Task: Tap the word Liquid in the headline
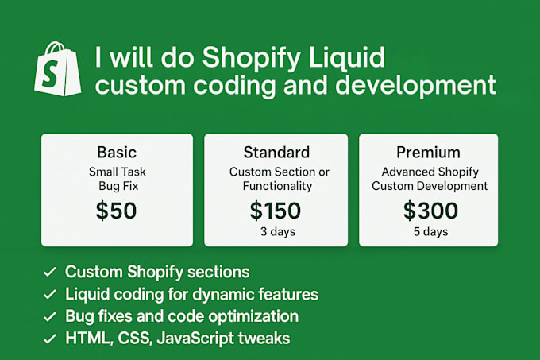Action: (x=346, y=57)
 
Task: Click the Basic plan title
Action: (x=117, y=152)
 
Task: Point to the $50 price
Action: (x=117, y=210)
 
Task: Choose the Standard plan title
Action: (x=276, y=152)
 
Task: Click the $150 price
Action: (x=276, y=210)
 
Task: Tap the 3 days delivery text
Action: (x=276, y=232)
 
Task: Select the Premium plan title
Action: (x=429, y=152)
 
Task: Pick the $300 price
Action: (x=430, y=210)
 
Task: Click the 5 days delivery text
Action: (x=430, y=232)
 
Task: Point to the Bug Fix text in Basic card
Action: (x=117, y=186)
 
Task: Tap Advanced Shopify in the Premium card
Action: (x=429, y=172)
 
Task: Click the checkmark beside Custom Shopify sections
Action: (x=49, y=272)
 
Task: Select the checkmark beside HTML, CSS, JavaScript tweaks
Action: (x=49, y=339)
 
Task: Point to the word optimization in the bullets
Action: (x=253, y=316)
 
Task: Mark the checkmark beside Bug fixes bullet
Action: (x=49, y=316)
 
